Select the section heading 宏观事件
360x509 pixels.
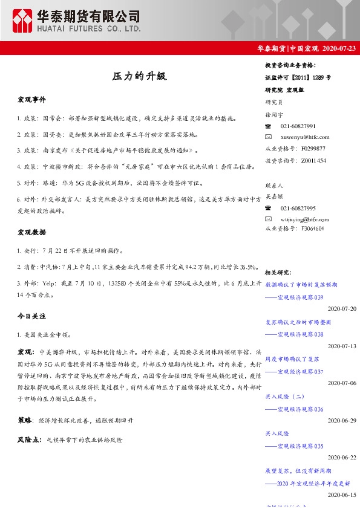(x=31, y=99)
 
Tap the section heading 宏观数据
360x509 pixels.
(x=31, y=232)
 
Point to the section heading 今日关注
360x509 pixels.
(x=31, y=316)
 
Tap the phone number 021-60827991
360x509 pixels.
(x=298, y=126)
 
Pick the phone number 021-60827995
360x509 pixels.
(x=298, y=208)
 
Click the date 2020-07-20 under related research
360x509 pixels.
(x=342, y=308)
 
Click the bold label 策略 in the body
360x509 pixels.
(x=25, y=419)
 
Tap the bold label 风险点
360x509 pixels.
(x=28, y=440)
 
